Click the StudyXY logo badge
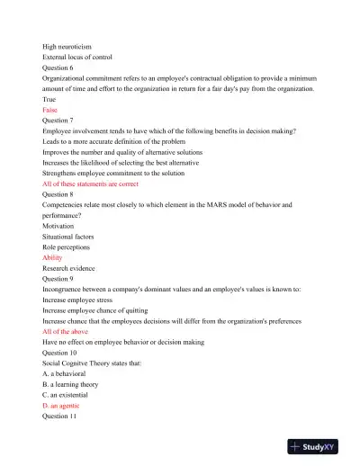[319, 445]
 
